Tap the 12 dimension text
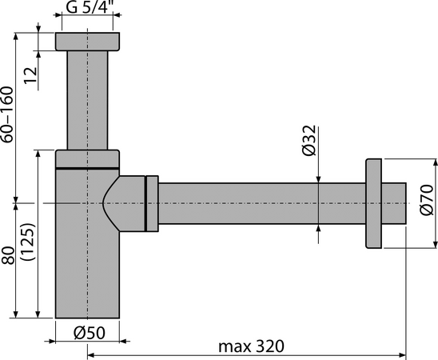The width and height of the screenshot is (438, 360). pyautogui.click(x=30, y=75)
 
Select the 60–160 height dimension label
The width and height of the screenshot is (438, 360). pyautogui.click(x=7, y=114)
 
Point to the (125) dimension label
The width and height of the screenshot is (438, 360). pyautogui.click(x=28, y=242)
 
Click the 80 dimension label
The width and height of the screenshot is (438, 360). pyautogui.click(x=8, y=255)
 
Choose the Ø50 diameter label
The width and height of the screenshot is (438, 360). pyautogui.click(x=90, y=333)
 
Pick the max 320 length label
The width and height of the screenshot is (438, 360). pyautogui.click(x=251, y=346)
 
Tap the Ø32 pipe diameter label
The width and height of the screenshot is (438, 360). pyautogui.click(x=309, y=140)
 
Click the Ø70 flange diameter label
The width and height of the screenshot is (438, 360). pyautogui.click(x=427, y=200)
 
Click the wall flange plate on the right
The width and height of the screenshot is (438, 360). pyautogui.click(x=374, y=203)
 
